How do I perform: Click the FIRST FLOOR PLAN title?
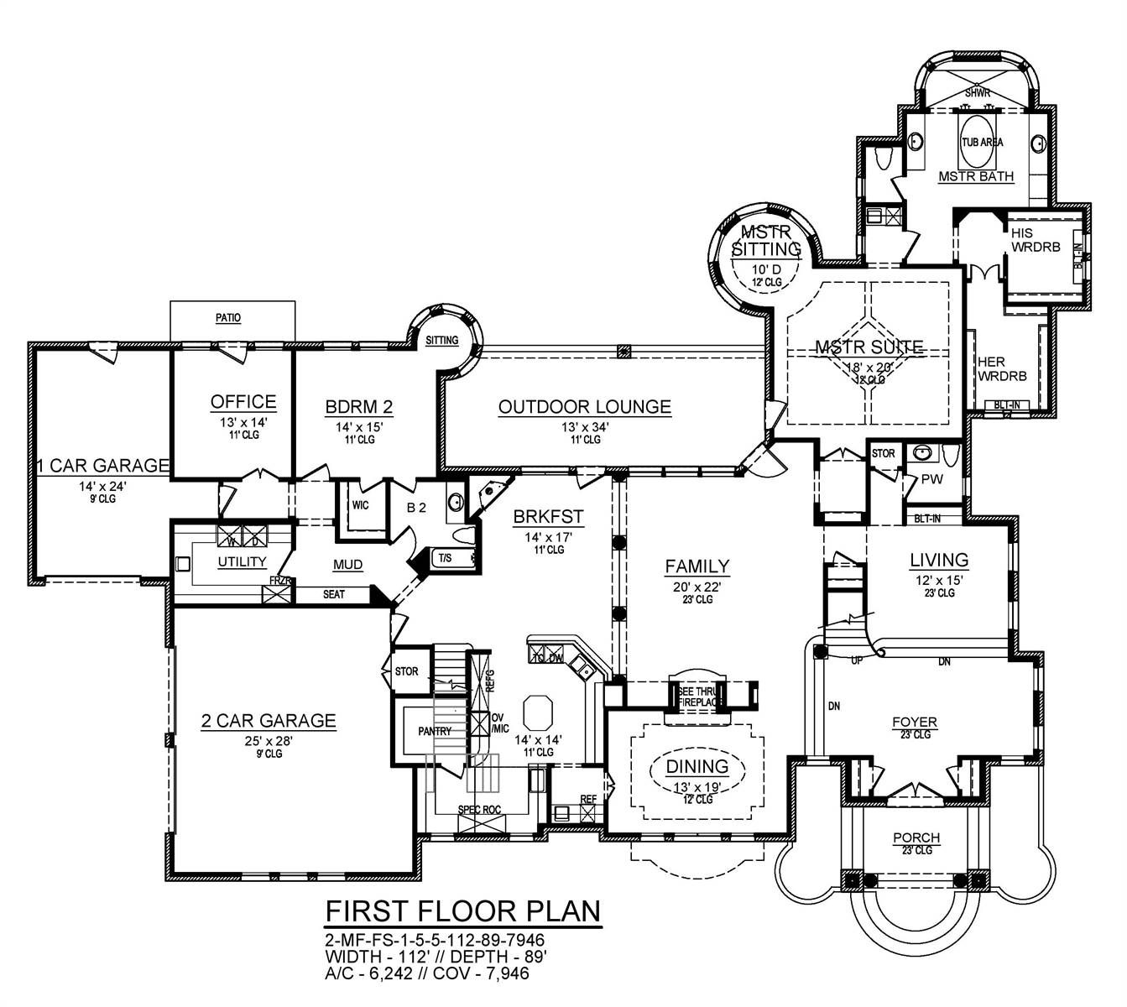pos(463,910)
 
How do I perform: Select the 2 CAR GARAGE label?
pos(269,720)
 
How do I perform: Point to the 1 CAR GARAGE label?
pos(102,465)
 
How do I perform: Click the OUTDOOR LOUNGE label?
pos(585,407)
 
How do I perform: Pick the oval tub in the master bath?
pos(981,142)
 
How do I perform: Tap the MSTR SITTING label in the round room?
pos(765,240)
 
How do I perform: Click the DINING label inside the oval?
pos(697,766)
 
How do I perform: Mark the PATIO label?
pos(227,318)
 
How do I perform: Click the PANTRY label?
pos(435,732)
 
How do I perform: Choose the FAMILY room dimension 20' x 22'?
pos(697,587)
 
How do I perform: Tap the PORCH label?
pos(916,837)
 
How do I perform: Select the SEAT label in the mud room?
pos(334,595)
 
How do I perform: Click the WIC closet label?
pos(360,506)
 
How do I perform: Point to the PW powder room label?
pos(932,479)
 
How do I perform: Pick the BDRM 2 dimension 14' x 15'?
pos(359,426)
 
